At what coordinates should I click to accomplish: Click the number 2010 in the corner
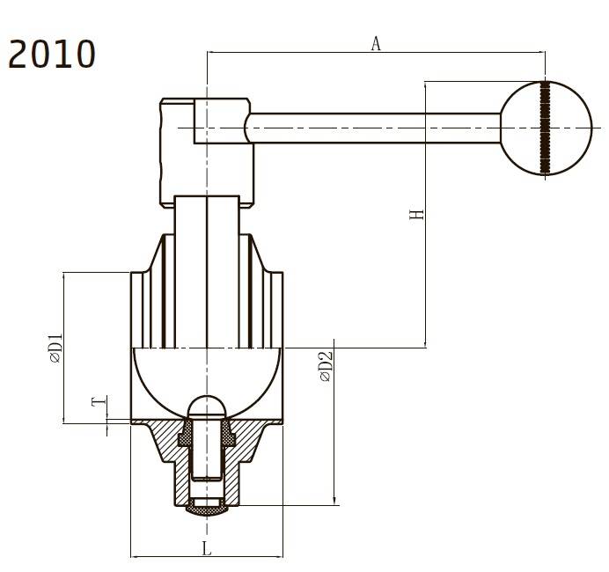52,55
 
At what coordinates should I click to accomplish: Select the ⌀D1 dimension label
55,348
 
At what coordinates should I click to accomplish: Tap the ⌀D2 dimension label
326,366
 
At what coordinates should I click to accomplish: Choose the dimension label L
207,549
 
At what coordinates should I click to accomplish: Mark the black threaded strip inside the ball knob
546,128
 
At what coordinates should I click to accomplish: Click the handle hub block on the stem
206,150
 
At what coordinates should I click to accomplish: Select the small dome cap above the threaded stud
207,406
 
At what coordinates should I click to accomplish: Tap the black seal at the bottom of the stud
207,509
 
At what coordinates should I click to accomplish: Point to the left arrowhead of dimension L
134,556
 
